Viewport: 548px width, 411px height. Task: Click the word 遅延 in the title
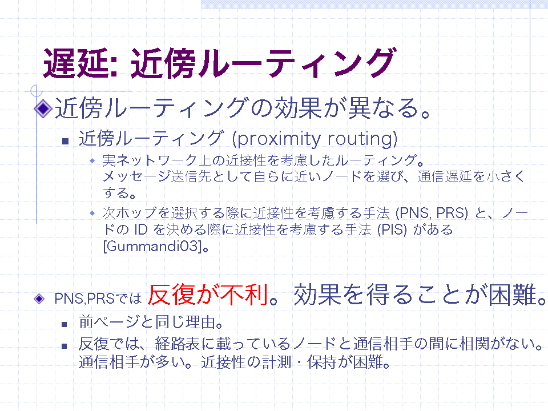point(76,63)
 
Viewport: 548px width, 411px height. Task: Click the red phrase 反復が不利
point(208,295)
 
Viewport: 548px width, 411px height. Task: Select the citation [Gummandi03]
point(153,247)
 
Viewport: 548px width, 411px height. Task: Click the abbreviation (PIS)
point(392,229)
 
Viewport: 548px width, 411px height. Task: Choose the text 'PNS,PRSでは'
point(98,299)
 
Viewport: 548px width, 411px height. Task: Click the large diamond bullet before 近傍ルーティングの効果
point(43,108)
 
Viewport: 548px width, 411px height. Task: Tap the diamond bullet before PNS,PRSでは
point(39,299)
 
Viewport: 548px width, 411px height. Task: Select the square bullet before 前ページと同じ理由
point(65,324)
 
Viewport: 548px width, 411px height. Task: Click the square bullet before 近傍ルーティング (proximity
point(65,141)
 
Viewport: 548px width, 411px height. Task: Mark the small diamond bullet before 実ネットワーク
point(92,160)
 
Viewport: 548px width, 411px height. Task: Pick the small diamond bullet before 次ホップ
point(92,213)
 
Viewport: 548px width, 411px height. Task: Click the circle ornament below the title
point(37,91)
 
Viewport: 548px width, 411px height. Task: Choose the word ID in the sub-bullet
point(141,229)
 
